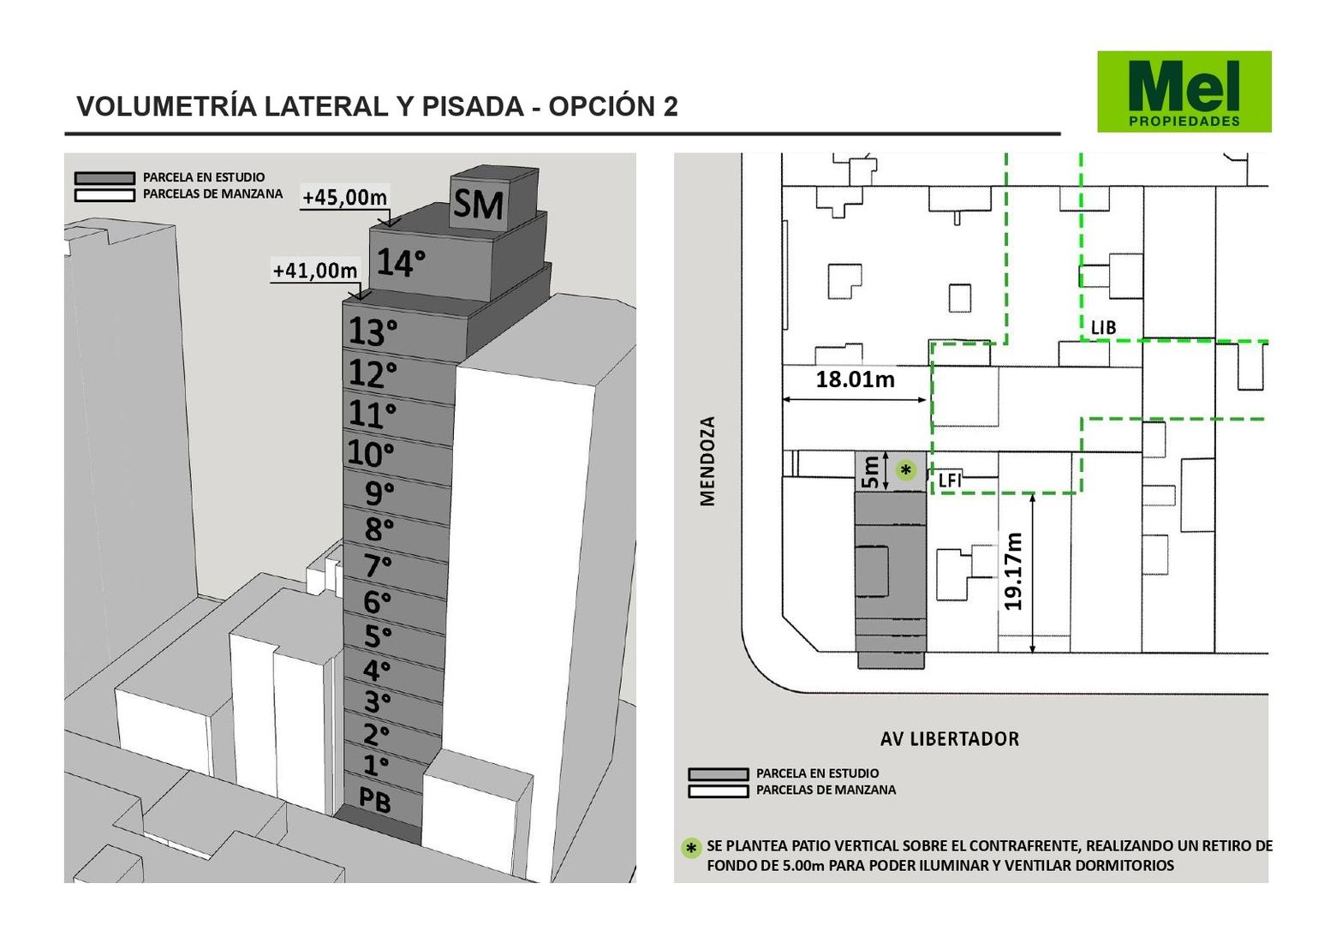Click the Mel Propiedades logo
(1184, 92)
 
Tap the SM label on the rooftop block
(478, 205)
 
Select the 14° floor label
(401, 262)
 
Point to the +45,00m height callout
(345, 197)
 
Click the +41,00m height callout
(315, 271)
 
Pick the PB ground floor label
(374, 800)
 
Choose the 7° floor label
(378, 566)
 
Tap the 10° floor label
(370, 453)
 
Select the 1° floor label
(376, 765)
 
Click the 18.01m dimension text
(855, 379)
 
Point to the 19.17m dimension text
(1013, 571)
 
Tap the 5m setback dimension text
(871, 472)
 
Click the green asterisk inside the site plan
(905, 470)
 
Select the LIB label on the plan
(1103, 327)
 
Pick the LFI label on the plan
(950, 480)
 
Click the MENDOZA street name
(707, 461)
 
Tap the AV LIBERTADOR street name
(950, 739)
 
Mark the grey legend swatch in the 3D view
(104, 178)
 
